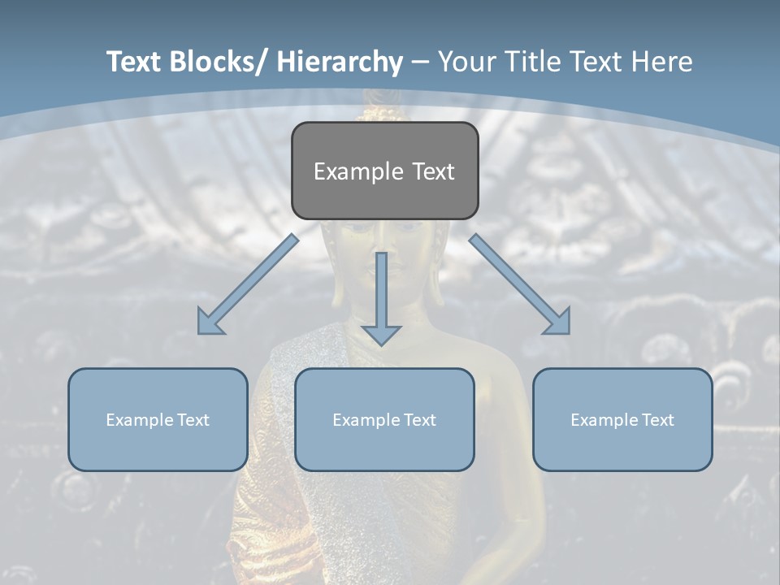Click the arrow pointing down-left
pyautogui.click(x=248, y=284)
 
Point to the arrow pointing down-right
pyautogui.click(x=520, y=284)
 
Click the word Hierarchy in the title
pyautogui.click(x=340, y=62)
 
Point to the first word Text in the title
pyautogui.click(x=135, y=62)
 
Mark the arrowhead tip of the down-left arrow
pyautogui.click(x=201, y=331)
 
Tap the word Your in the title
pyautogui.click(x=465, y=62)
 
